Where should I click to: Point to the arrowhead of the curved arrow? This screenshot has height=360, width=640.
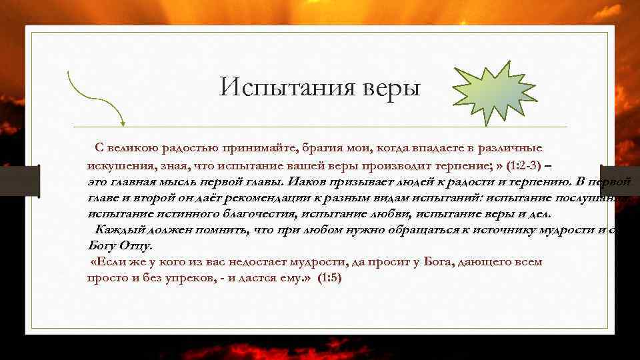[122, 122]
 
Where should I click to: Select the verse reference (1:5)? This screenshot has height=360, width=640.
[329, 278]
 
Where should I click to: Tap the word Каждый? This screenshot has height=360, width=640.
[115, 229]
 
